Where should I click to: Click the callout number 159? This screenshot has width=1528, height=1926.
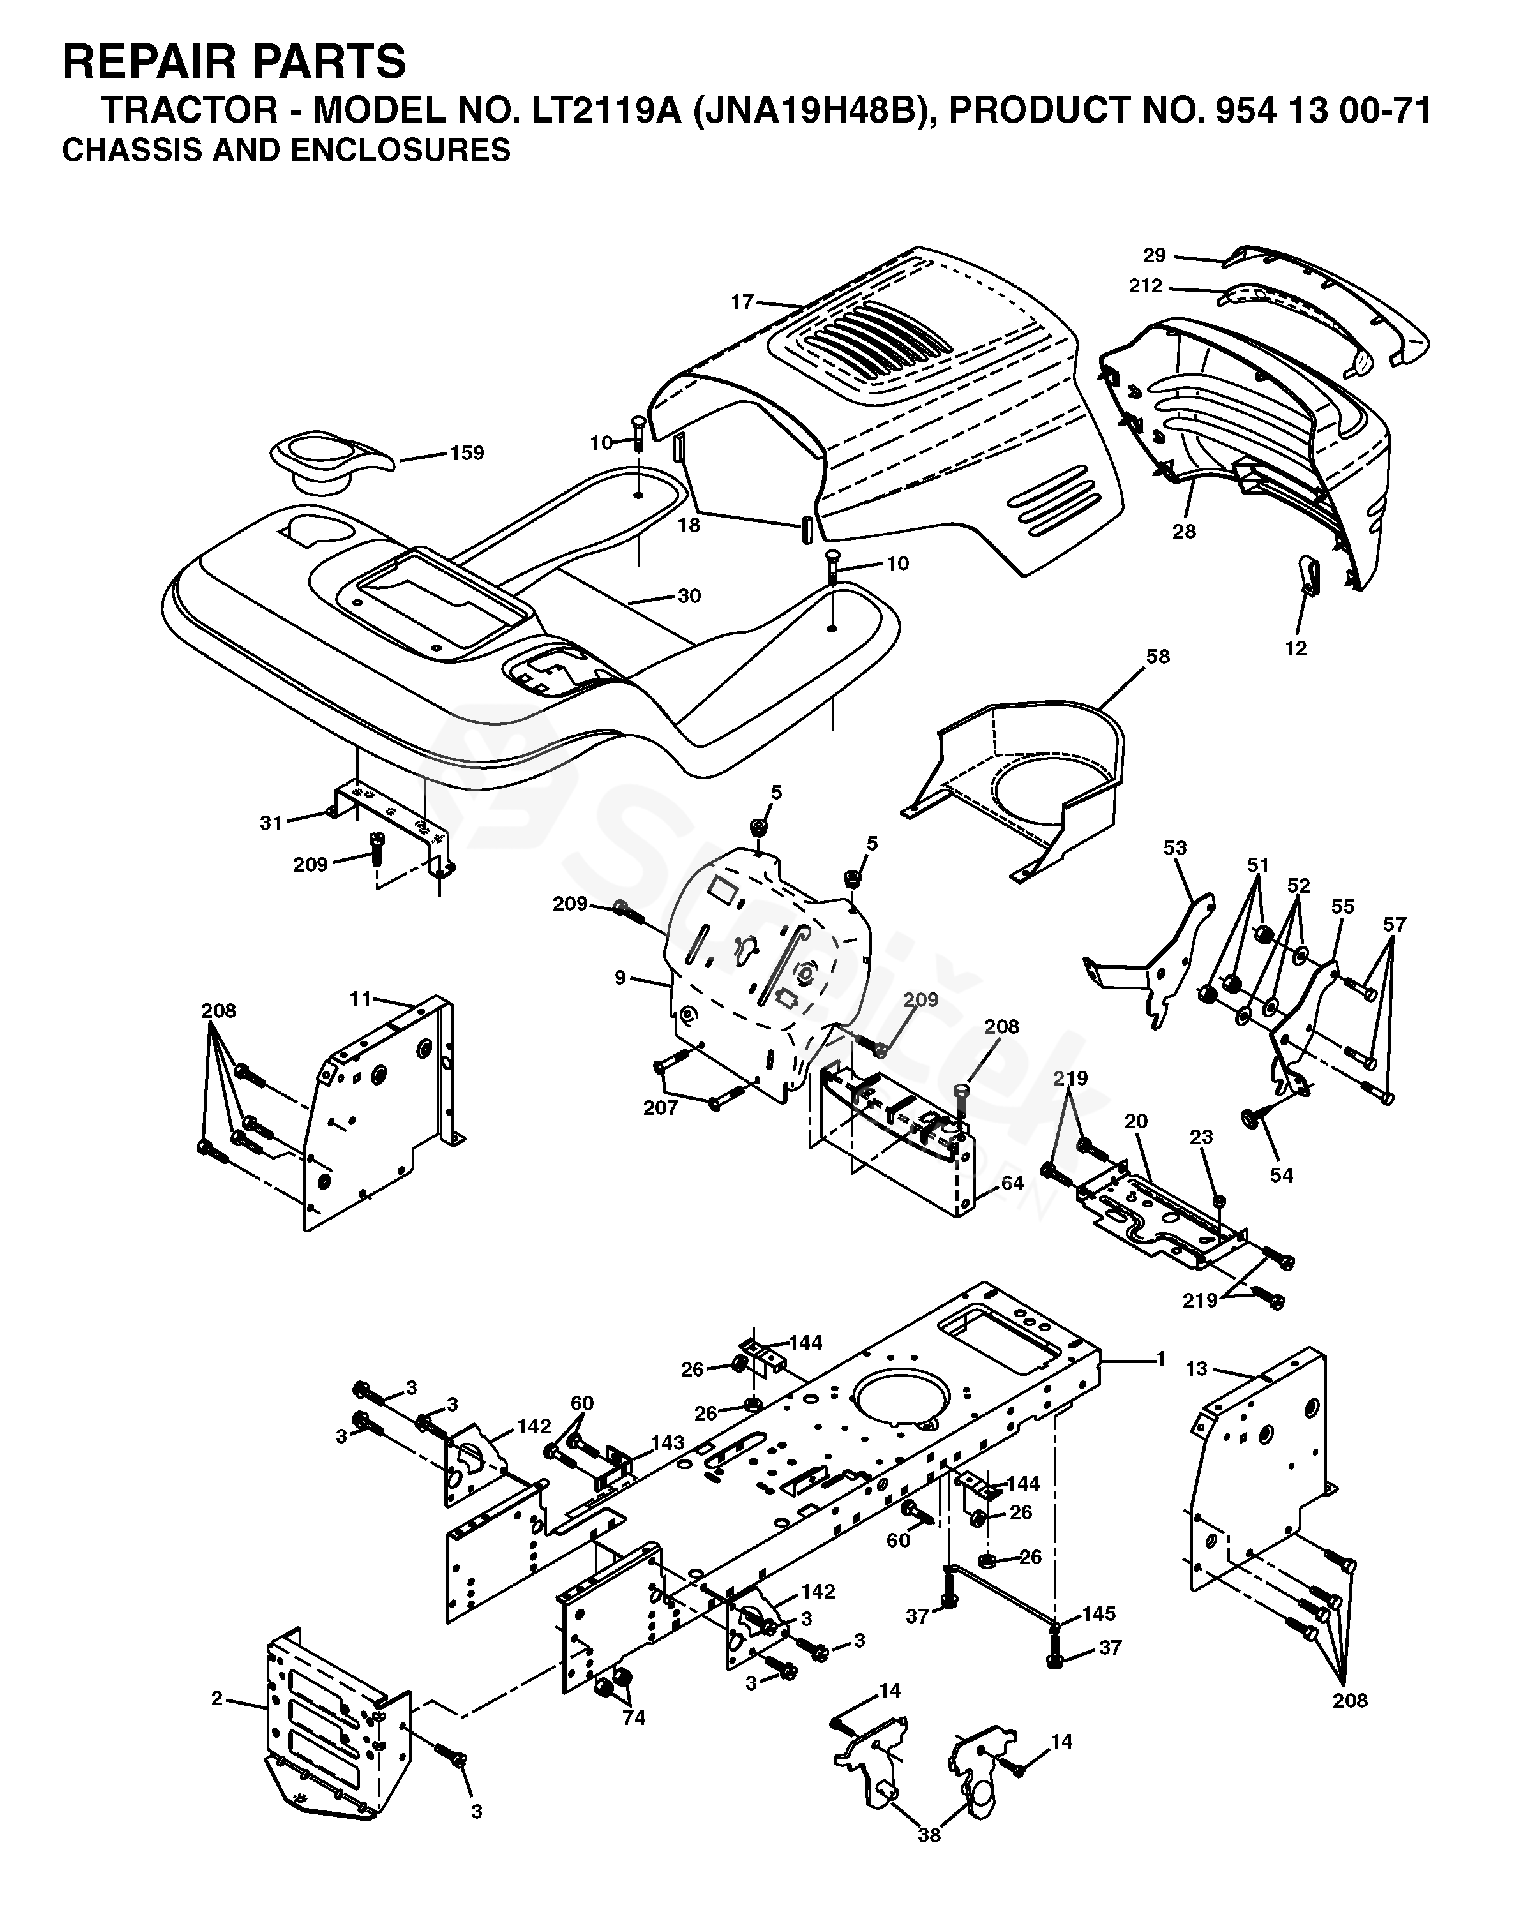coord(467,453)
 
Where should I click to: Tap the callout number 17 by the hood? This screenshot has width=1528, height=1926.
coord(742,302)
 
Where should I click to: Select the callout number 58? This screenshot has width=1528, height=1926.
coord(1157,657)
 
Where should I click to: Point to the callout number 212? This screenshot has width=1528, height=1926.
coord(1146,286)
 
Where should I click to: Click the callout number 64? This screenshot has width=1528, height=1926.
coord(1012,1184)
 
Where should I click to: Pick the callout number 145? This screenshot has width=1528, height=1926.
coord(1098,1613)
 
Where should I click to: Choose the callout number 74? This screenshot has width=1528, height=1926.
coord(634,1718)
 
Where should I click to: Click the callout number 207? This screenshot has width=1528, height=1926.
coord(661,1108)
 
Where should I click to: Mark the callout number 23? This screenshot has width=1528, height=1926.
coord(1201,1137)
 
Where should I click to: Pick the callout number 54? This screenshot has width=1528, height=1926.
coord(1282,1176)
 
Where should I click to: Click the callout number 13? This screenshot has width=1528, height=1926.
coord(1197,1368)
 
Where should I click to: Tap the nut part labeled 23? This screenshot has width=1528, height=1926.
coord(1220,1198)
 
